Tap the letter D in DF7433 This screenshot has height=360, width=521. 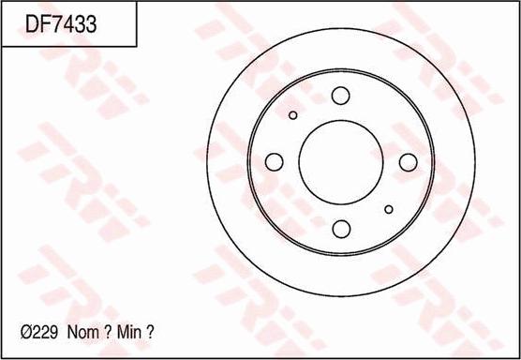click(x=32, y=23)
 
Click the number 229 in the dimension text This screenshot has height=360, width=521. click(x=46, y=331)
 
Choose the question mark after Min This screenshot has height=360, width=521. click(x=151, y=331)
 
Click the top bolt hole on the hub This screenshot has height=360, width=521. click(x=340, y=96)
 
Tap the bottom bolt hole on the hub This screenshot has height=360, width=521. click(x=340, y=229)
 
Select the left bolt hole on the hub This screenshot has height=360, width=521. click(x=274, y=162)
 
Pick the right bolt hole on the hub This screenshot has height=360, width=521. click(x=407, y=162)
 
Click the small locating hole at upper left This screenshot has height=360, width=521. click(x=293, y=115)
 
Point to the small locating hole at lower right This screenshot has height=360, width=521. click(x=388, y=209)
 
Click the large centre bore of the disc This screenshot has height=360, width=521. click(x=340, y=162)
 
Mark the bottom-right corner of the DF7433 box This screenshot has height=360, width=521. click(x=137, y=47)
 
